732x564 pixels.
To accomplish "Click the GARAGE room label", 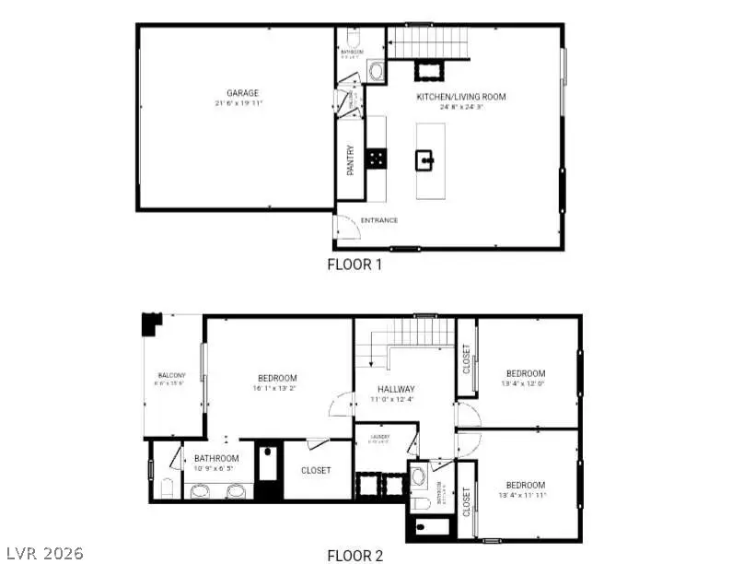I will coord(243,93).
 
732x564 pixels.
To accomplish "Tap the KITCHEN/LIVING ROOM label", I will coord(460,97).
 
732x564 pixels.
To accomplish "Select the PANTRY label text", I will coord(351,161).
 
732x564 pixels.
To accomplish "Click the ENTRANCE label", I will coord(378,220).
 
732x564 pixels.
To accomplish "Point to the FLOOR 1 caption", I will coord(354,264).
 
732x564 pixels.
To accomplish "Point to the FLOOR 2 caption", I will coord(354,555).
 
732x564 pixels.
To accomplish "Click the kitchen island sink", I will coord(426,162).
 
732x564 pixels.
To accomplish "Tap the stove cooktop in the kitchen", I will coord(376,159).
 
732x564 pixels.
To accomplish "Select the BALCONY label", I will coord(171,375).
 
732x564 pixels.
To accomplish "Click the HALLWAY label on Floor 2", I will coord(393,389).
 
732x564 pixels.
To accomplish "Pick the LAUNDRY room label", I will coord(380,437).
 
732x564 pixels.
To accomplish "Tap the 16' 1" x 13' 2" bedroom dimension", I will coord(276,389).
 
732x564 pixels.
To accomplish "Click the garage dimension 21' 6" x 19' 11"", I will coord(243,104).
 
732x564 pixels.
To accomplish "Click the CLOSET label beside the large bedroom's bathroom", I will coord(316,470).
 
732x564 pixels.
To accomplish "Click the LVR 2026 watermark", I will coord(42,553).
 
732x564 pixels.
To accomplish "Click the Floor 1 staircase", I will coord(425,42).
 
